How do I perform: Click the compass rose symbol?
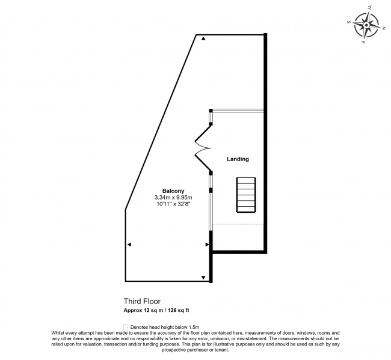click(367, 25)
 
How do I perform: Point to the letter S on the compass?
click(349, 21)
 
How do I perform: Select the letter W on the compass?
click(369, 8)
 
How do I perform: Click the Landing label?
click(238, 159)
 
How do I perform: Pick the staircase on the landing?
click(245, 194)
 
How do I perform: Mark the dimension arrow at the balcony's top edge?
click(203, 39)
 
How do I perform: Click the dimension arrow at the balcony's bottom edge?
click(203, 277)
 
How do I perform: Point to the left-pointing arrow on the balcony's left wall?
click(129, 245)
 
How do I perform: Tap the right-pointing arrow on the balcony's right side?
click(206, 245)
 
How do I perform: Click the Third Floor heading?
click(142, 301)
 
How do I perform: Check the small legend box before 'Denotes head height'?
click(125, 326)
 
